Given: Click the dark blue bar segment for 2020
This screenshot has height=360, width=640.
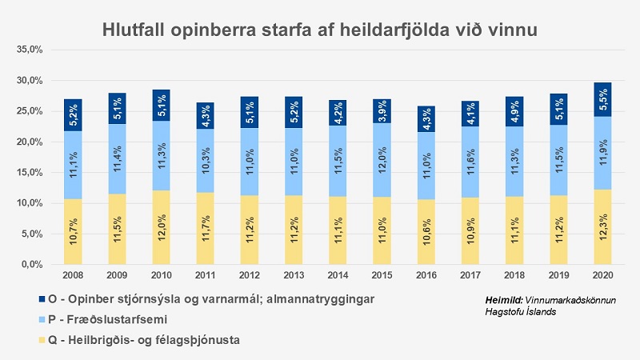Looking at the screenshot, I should (x=603, y=99).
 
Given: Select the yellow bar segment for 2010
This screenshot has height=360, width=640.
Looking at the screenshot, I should (x=161, y=227).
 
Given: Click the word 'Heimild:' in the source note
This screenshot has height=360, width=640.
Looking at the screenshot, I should (x=505, y=299).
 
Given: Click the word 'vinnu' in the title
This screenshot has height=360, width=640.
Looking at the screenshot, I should (x=510, y=30).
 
